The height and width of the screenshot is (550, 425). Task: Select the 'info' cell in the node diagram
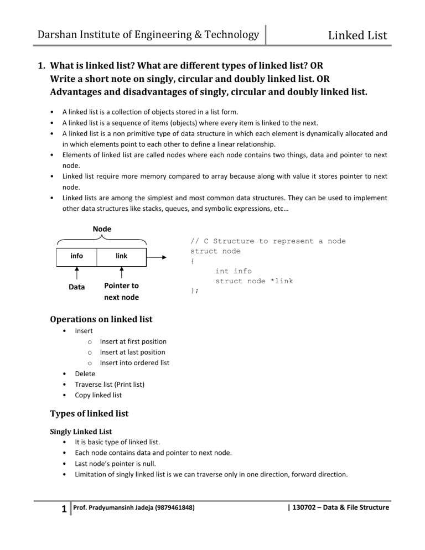pyautogui.click(x=76, y=256)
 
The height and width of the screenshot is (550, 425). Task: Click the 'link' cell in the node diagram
pyautogui.click(x=121, y=256)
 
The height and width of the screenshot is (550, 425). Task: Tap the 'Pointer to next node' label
pyautogui.click(x=121, y=292)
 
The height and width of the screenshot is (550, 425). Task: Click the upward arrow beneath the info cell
pyautogui.click(x=76, y=272)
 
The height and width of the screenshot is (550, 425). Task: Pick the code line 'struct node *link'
pyautogui.click(x=254, y=281)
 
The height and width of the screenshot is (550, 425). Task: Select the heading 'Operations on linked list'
pyautogui.click(x=101, y=319)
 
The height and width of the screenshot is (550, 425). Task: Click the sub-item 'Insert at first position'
pyautogui.click(x=133, y=341)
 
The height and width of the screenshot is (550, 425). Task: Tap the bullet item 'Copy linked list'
pyautogui.click(x=98, y=395)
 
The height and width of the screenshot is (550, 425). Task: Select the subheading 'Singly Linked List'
pyautogui.click(x=81, y=433)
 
